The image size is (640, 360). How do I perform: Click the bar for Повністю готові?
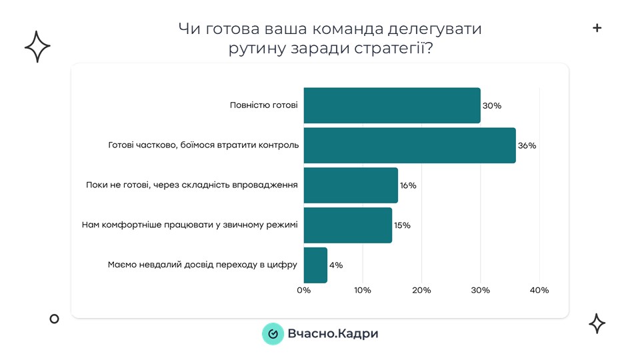(x=392, y=105)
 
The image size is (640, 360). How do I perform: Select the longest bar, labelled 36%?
(x=409, y=145)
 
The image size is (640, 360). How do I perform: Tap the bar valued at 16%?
(x=351, y=185)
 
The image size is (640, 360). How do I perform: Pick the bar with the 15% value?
(x=347, y=225)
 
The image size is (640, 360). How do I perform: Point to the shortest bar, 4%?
(x=315, y=265)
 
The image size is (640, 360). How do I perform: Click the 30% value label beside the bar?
(x=492, y=106)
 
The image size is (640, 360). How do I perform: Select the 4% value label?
(x=335, y=265)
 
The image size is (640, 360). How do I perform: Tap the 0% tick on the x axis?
(x=303, y=291)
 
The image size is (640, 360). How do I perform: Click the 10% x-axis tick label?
(x=363, y=291)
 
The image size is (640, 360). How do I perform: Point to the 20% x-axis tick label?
(x=421, y=291)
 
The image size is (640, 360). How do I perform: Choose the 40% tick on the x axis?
(x=539, y=291)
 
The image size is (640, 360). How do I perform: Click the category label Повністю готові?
(x=263, y=105)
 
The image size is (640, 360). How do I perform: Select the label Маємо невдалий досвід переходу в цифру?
(x=202, y=265)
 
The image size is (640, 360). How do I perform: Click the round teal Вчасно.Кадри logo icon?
(x=272, y=333)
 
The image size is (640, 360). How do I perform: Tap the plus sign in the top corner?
(x=597, y=28)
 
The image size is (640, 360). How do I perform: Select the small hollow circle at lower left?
(x=55, y=319)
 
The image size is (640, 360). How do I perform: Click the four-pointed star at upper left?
(x=37, y=47)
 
